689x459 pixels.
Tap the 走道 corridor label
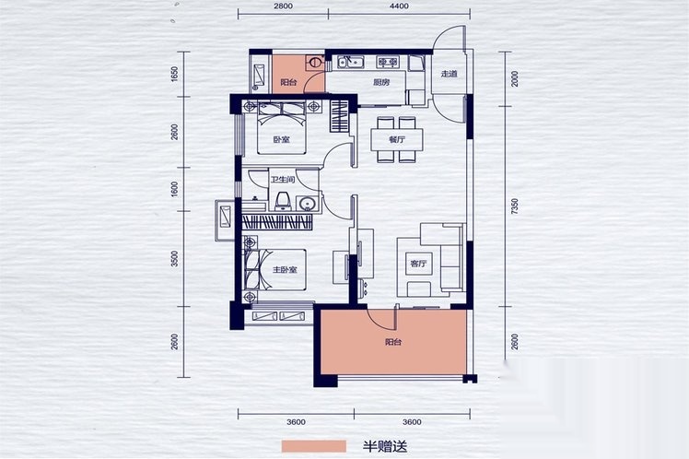click(x=449, y=74)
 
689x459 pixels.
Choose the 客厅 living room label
click(x=418, y=265)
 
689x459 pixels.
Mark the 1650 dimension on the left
click(x=174, y=74)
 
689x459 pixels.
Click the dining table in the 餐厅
click(x=397, y=140)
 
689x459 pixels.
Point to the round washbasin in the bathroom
click(x=307, y=204)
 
